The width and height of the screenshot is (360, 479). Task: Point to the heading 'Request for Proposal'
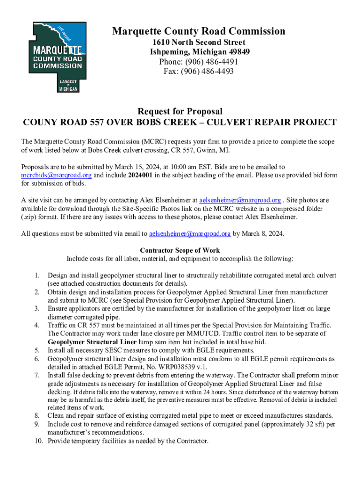click(180, 111)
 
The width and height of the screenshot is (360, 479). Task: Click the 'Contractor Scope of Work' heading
click(180, 250)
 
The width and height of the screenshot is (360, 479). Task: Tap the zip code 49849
click(238, 52)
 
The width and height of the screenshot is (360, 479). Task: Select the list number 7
click(36, 376)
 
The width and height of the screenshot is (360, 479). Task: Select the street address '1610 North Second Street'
click(198, 43)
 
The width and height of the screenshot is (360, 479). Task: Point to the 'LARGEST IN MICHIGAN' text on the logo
click(68, 85)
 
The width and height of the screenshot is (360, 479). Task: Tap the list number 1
click(36, 275)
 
